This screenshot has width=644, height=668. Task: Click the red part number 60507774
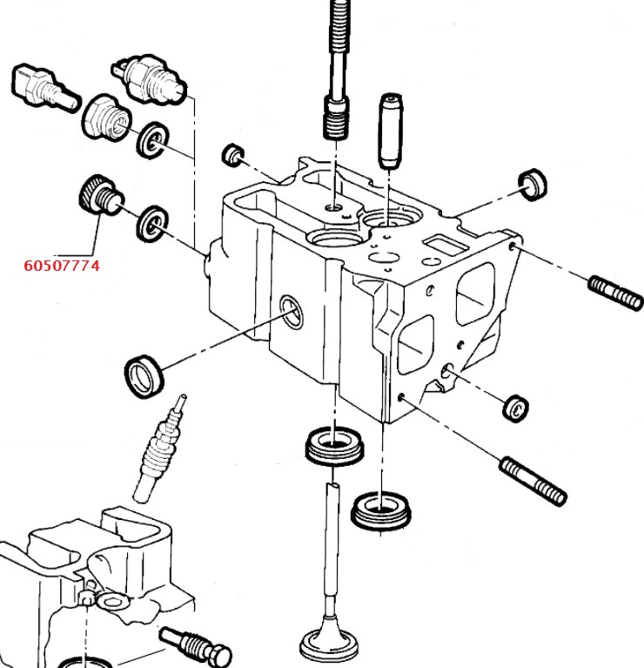61,265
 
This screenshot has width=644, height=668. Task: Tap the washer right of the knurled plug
154,224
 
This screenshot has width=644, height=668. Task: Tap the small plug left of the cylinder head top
232,155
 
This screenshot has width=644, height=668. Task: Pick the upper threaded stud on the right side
615,292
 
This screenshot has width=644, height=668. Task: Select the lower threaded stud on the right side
533,479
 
